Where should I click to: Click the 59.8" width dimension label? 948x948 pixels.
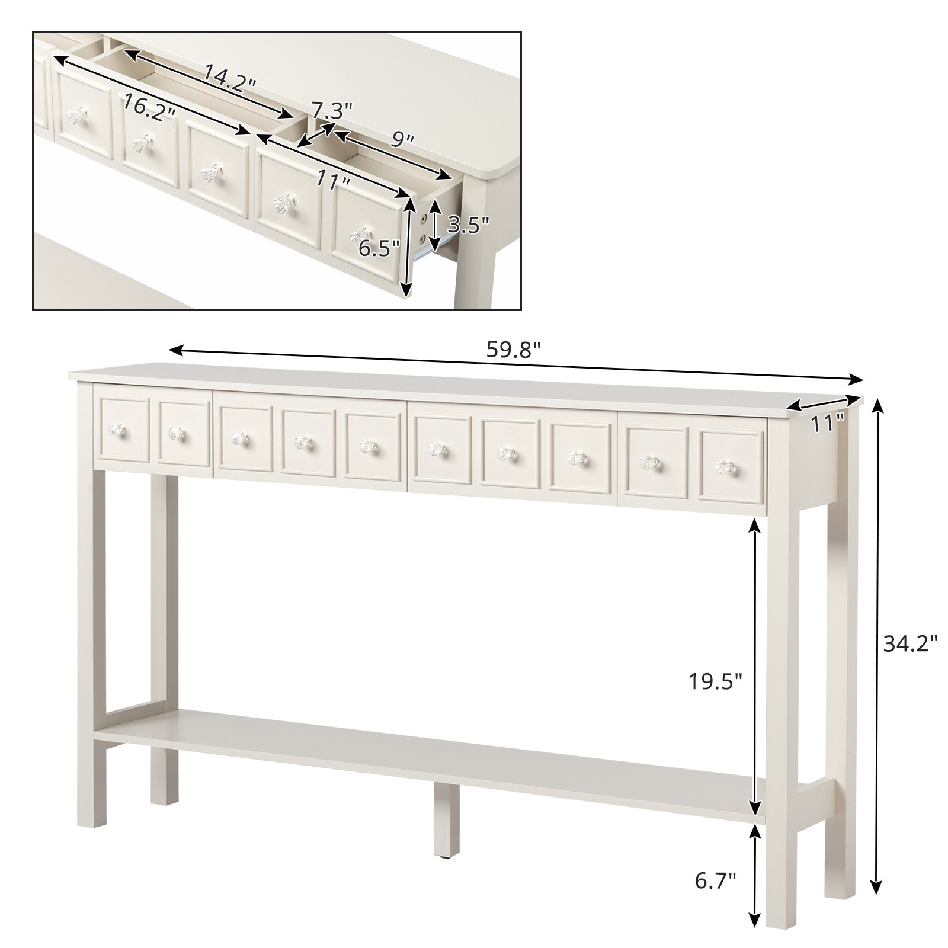(514, 350)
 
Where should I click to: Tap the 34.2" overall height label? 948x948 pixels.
(911, 643)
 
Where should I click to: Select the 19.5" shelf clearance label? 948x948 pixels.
(715, 682)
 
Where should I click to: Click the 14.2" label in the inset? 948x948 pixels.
(229, 76)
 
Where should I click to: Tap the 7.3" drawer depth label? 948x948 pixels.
(332, 110)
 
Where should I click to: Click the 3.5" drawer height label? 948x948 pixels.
(468, 225)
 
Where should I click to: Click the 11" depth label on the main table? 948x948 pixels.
(827, 422)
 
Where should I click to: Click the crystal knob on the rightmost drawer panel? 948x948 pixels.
(723, 467)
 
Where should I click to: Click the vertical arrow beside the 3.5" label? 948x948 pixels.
(435, 225)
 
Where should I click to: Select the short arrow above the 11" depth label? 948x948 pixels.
(823, 403)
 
